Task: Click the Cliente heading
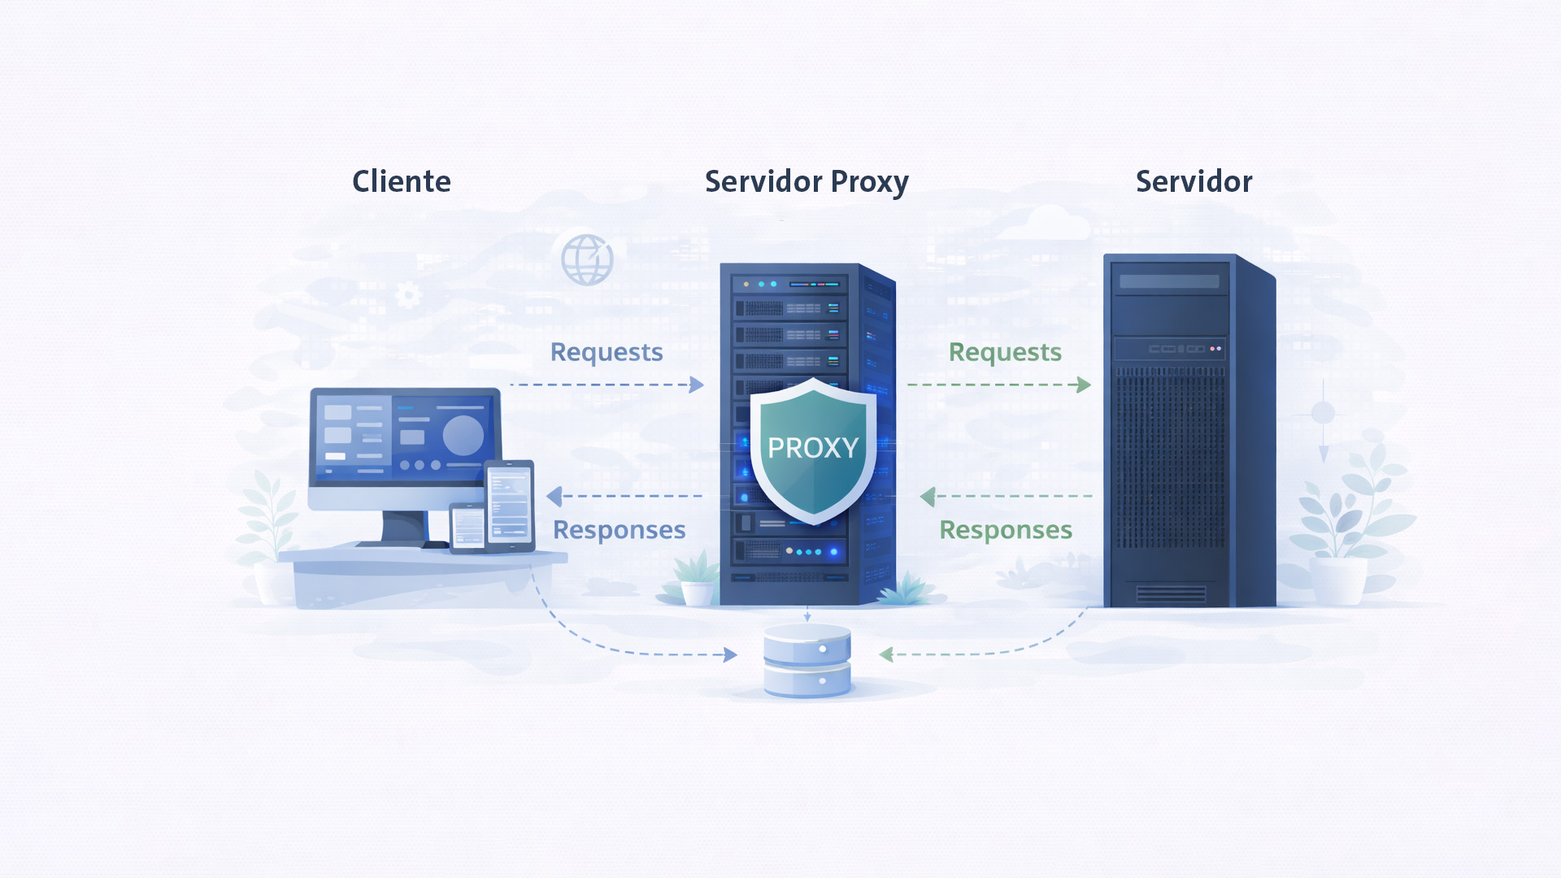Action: coord(401,181)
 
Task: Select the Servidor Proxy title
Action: coord(806,182)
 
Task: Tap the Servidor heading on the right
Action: coord(1193,181)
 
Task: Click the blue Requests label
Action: coord(607,352)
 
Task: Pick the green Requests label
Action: coord(1005,352)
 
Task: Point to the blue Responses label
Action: coord(619,530)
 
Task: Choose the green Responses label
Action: coord(1006,530)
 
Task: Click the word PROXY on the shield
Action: coord(812,448)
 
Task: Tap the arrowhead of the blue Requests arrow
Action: coord(697,385)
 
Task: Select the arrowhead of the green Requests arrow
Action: coord(1084,385)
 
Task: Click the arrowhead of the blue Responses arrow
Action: coord(555,496)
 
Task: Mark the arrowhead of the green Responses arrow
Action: coord(928,496)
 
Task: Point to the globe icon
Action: coord(587,260)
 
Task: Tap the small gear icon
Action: coord(408,294)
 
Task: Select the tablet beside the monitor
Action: coord(510,505)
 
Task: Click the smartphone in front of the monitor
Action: coord(467,526)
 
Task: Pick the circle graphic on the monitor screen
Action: coord(463,435)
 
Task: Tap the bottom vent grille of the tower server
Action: coord(1171,593)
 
